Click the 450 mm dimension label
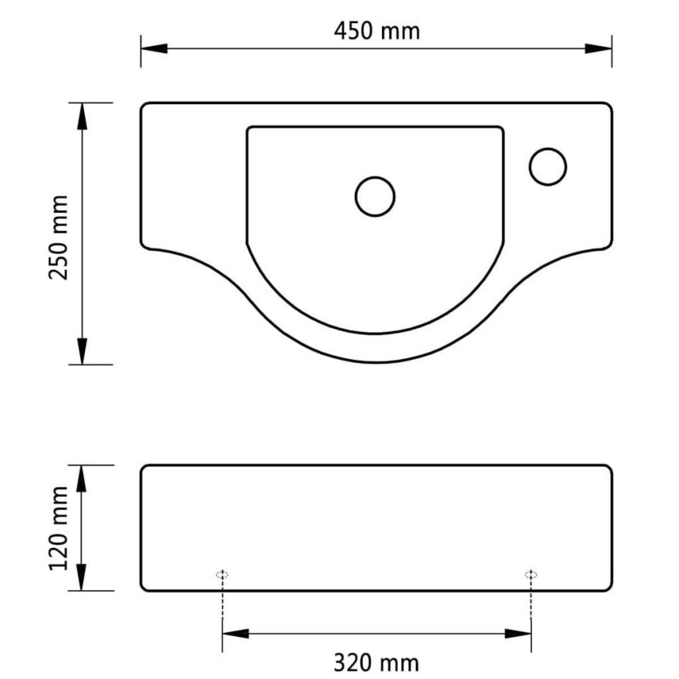point(376,31)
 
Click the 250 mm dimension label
point(59,238)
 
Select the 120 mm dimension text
point(59,528)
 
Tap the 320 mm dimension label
point(376,662)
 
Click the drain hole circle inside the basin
point(375,196)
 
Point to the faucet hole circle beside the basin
point(548,166)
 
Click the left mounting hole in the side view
point(222,575)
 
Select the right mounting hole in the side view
point(531,575)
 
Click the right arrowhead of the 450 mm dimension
point(598,49)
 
